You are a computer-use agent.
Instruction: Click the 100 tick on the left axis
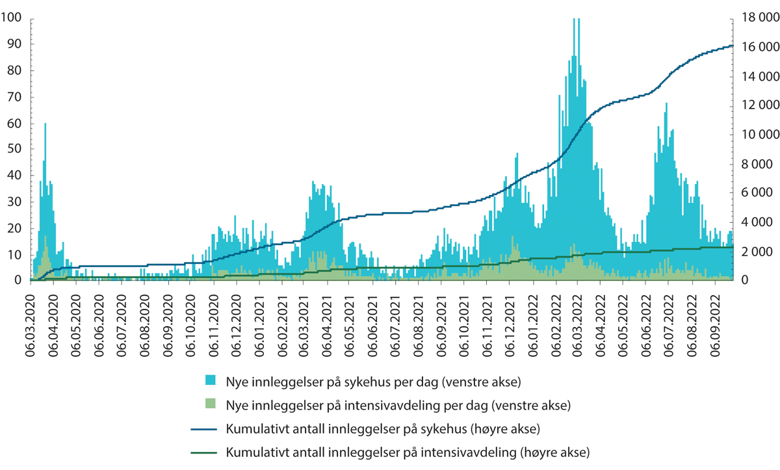pyautogui.click(x=13, y=18)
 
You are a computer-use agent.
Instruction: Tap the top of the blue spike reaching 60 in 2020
pyautogui.click(x=45, y=124)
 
